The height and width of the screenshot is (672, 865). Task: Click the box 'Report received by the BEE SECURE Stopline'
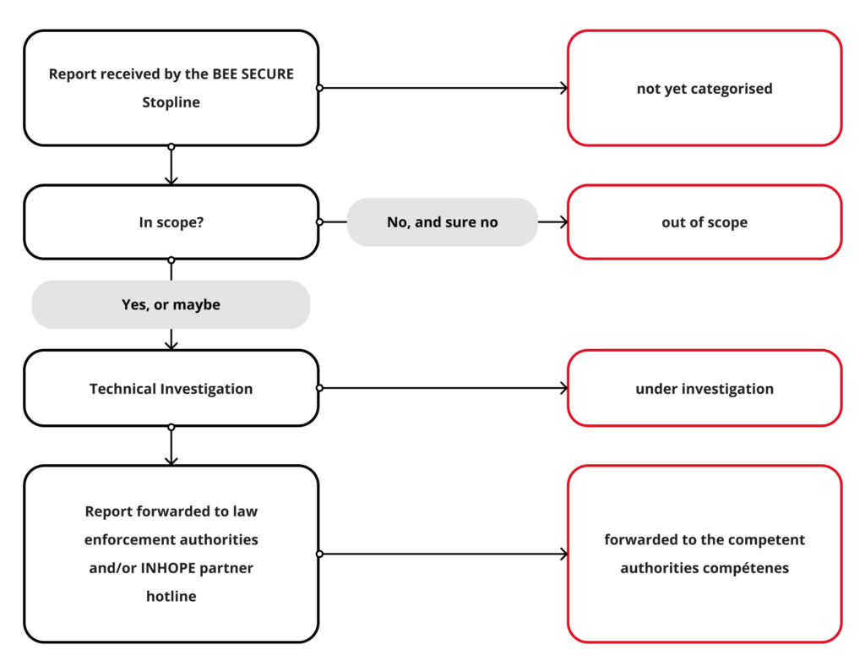click(171, 88)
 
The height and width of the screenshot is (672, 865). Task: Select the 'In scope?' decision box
click(171, 222)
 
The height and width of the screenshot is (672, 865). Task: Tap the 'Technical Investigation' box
click(171, 389)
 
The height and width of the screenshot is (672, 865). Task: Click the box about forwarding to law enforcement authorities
click(171, 554)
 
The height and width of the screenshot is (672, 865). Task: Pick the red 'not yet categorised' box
click(704, 88)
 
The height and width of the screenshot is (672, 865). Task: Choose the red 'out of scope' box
click(704, 222)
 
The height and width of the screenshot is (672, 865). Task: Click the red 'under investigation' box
click(704, 389)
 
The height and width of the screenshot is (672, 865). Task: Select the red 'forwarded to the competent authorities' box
click(704, 554)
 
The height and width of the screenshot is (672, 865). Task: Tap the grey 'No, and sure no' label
click(442, 222)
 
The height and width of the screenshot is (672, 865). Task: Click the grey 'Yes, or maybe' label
click(171, 304)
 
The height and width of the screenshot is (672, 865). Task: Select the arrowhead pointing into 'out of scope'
click(563, 222)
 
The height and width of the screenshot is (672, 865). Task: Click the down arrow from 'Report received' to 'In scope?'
click(171, 166)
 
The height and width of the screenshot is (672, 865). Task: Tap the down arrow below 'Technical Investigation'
click(171, 445)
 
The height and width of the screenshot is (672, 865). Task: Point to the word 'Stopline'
click(171, 102)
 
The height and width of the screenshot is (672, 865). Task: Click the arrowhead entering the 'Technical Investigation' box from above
click(171, 345)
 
